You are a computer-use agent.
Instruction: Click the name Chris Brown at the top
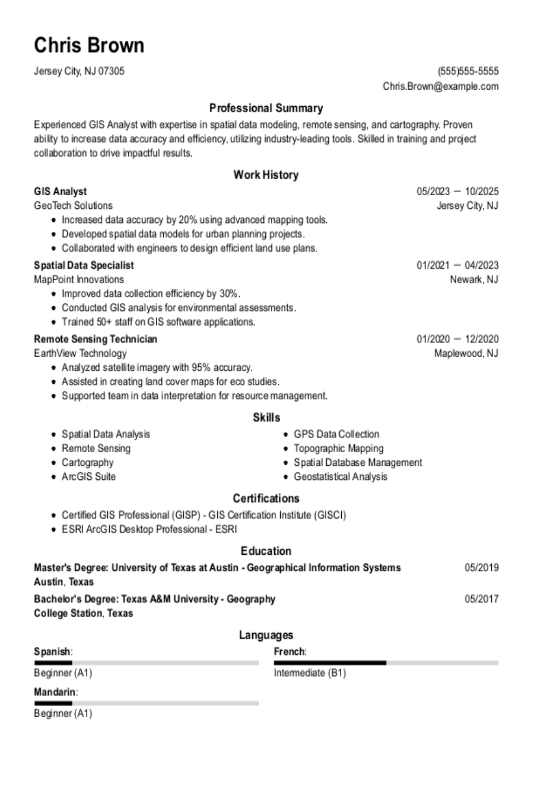pos(89,46)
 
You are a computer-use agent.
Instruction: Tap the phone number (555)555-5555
pos(468,71)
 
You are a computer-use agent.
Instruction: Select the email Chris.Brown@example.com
pos(440,86)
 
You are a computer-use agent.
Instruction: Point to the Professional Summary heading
pos(266,108)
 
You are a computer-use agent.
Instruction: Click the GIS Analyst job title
pos(60,191)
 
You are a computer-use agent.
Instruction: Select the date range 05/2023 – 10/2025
pos(457,191)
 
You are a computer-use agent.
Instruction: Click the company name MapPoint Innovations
pos(79,279)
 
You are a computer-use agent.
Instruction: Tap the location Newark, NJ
pos(474,279)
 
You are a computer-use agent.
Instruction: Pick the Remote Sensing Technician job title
pos(96,339)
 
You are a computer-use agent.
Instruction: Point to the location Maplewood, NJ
pos(466,354)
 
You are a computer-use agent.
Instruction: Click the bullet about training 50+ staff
pos(158,322)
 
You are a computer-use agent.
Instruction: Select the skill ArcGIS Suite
pos(88,477)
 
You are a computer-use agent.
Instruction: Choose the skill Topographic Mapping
pos(338,449)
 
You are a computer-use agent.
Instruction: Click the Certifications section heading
pos(266,498)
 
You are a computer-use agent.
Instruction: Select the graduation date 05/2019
pos(481,568)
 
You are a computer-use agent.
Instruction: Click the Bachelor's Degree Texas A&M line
pos(154,599)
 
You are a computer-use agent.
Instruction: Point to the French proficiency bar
pos(386,663)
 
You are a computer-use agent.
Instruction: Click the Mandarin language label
pos(55,692)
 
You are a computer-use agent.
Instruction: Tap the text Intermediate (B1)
pos(310,673)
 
